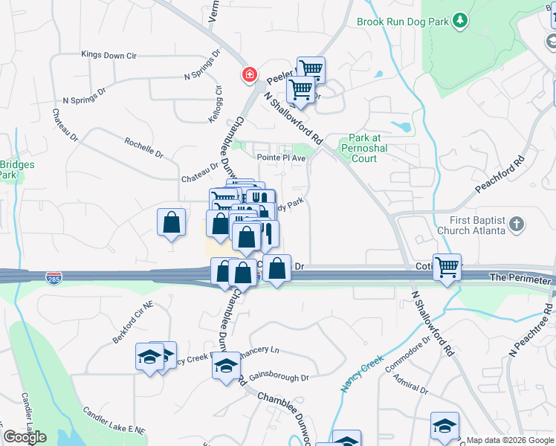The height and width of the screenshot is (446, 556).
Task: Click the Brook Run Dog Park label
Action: pos(403,22)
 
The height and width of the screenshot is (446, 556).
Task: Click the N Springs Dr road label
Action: pos(85,100)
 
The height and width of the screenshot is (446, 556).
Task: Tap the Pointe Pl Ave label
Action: pos(282,158)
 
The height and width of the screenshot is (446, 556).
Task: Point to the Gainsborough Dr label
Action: pos(279,378)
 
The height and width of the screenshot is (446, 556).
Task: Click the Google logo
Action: pos(25,437)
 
